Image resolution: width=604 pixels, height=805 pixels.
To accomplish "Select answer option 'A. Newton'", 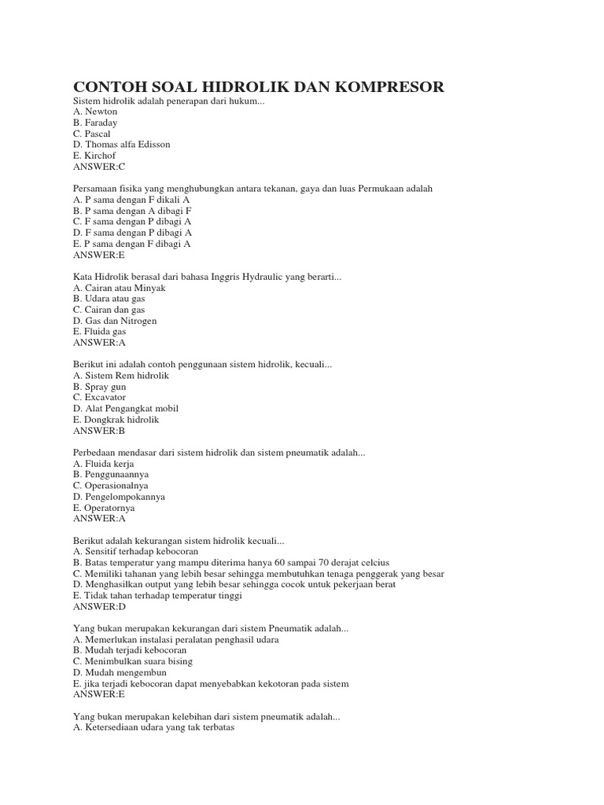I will tap(95, 112).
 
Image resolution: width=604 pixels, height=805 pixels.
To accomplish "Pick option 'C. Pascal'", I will tap(94, 134).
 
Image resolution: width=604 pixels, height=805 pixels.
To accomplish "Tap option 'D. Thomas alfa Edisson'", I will tap(121, 145).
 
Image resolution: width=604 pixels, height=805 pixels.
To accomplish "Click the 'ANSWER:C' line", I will tap(98, 167).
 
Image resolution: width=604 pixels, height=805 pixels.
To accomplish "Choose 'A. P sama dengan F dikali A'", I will tap(131, 200).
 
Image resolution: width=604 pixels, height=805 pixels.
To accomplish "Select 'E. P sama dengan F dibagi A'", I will tap(131, 244).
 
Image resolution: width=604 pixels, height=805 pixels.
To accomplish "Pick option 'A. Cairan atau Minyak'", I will tap(119, 288).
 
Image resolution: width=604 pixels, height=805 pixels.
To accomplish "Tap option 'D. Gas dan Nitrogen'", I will tap(115, 321).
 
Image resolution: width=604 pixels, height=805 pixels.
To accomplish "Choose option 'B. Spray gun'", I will tap(99, 387).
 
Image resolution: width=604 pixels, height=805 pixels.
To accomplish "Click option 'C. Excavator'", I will tap(100, 398).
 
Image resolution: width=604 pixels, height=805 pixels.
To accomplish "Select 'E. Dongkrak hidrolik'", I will tap(116, 420).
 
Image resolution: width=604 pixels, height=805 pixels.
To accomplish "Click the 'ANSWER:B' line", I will tap(98, 431).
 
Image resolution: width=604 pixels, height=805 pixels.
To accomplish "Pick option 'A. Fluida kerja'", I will tap(104, 464).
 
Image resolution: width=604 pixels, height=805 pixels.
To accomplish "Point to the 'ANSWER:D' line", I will tap(99, 607).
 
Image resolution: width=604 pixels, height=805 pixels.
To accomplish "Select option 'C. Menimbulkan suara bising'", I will tap(132, 662).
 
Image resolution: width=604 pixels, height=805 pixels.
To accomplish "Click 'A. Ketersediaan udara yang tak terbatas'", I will tap(153, 728).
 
